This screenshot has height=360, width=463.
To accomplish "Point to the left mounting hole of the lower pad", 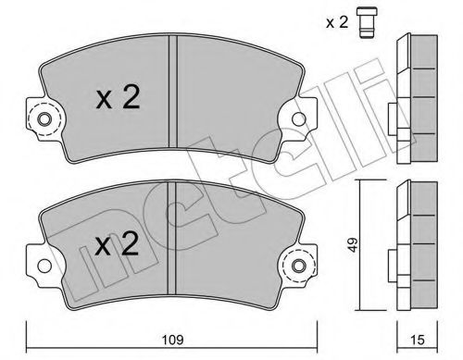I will [40, 268].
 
